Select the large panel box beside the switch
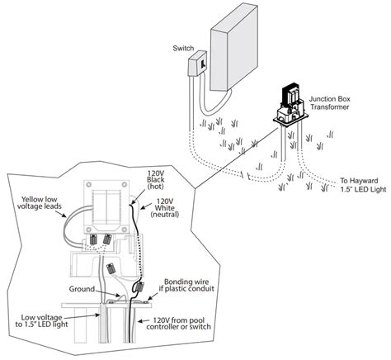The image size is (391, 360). pyautogui.click(x=238, y=50)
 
